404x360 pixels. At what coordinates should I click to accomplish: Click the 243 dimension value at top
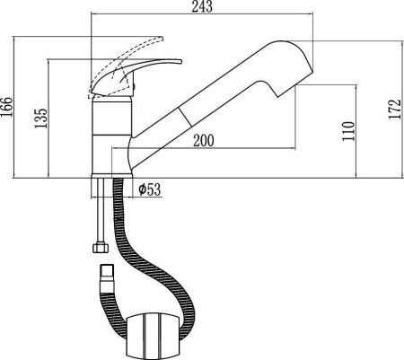(203, 8)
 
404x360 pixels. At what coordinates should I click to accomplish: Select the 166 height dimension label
(9, 108)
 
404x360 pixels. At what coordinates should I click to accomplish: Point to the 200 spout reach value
(203, 141)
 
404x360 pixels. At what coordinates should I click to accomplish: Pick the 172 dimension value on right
(392, 108)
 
